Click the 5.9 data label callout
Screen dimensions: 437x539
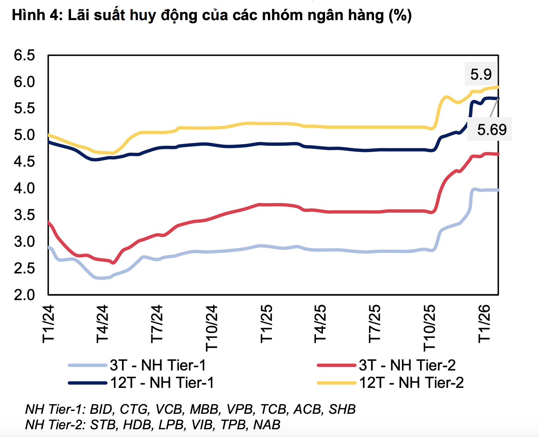coord(481,74)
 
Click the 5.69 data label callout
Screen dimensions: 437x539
coord(491,129)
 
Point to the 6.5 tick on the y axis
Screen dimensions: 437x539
coord(24,55)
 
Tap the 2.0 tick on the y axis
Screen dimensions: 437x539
coord(24,295)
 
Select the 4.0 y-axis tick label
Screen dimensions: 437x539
coord(24,188)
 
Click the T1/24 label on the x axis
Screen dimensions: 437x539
coord(49,324)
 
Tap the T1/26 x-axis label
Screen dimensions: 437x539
coord(484,324)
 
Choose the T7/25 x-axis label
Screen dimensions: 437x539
coord(375,324)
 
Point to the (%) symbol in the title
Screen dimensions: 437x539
coord(400,15)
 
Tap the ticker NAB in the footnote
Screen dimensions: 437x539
coord(267,425)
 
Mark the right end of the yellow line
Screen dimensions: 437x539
coord(498,87)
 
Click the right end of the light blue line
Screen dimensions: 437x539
coord(498,190)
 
